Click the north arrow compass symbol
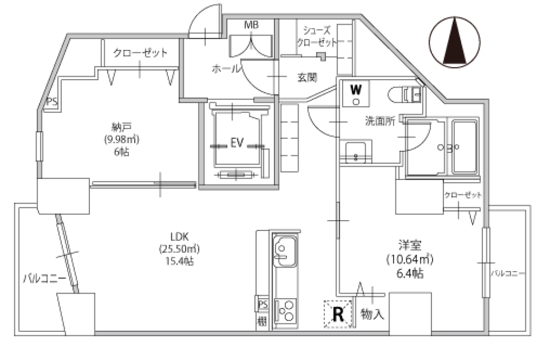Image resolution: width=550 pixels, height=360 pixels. coord(457,41)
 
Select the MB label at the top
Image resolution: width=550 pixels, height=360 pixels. coord(251,25)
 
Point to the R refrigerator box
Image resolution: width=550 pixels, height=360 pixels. coord(338,314)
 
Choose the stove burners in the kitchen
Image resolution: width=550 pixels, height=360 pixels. coord(285,312)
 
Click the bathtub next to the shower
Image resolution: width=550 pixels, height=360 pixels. coord(465,147)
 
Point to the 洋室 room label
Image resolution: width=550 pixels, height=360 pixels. coord(410,245)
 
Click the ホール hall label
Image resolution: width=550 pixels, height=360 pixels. coord(226,69)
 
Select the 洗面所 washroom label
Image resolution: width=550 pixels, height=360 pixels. coord(380,122)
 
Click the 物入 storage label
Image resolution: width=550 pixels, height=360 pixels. coord(372,314)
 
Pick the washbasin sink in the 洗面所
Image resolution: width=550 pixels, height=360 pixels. coord(356,152)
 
